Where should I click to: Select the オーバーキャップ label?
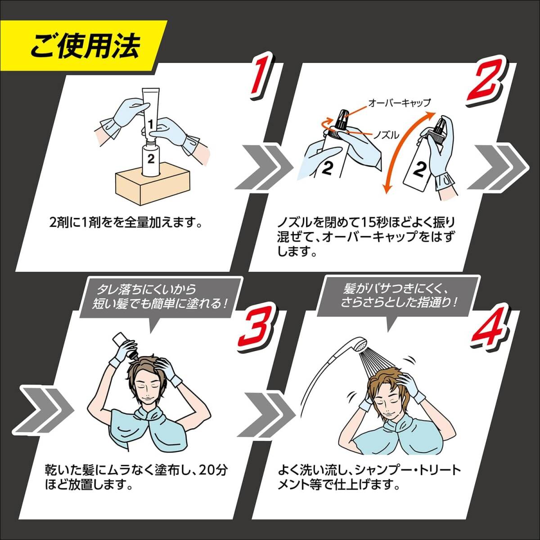[399, 103]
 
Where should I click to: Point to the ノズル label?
[387, 135]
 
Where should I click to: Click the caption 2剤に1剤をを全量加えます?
[125, 223]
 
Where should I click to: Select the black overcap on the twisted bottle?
[342, 119]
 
